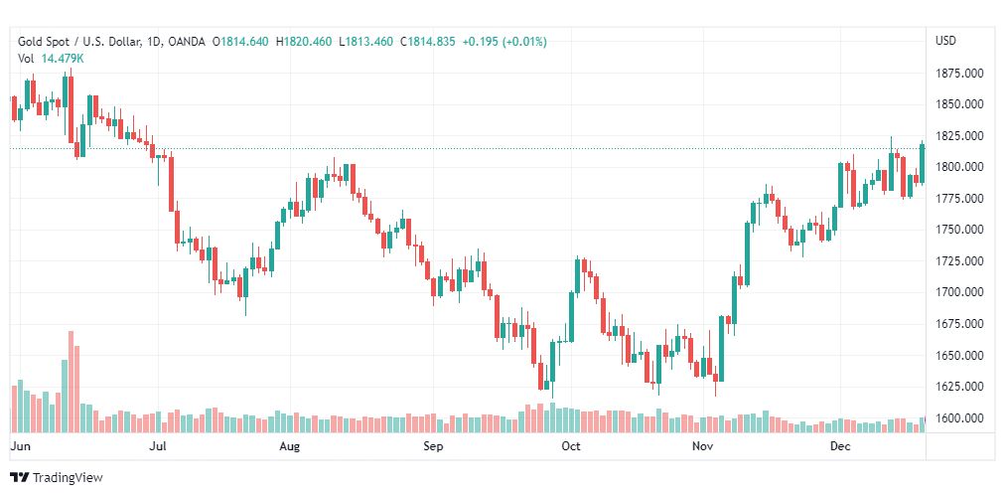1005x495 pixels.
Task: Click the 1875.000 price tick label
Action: (959, 74)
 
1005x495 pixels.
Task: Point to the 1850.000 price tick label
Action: (959, 104)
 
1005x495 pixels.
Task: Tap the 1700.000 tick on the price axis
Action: (959, 293)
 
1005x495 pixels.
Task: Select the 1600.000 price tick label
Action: (959, 418)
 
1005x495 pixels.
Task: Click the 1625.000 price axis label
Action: (959, 387)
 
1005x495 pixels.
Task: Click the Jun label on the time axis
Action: (19, 447)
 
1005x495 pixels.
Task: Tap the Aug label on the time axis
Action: (289, 447)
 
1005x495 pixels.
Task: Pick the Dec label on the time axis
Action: (839, 447)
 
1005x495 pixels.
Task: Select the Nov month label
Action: (702, 447)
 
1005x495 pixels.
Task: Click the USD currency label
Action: (945, 41)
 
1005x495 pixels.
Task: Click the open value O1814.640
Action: (240, 42)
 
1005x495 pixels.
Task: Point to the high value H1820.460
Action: (304, 42)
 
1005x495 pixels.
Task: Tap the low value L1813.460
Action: (366, 42)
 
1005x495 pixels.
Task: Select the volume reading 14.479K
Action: (63, 59)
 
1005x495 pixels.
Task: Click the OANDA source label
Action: (187, 42)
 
